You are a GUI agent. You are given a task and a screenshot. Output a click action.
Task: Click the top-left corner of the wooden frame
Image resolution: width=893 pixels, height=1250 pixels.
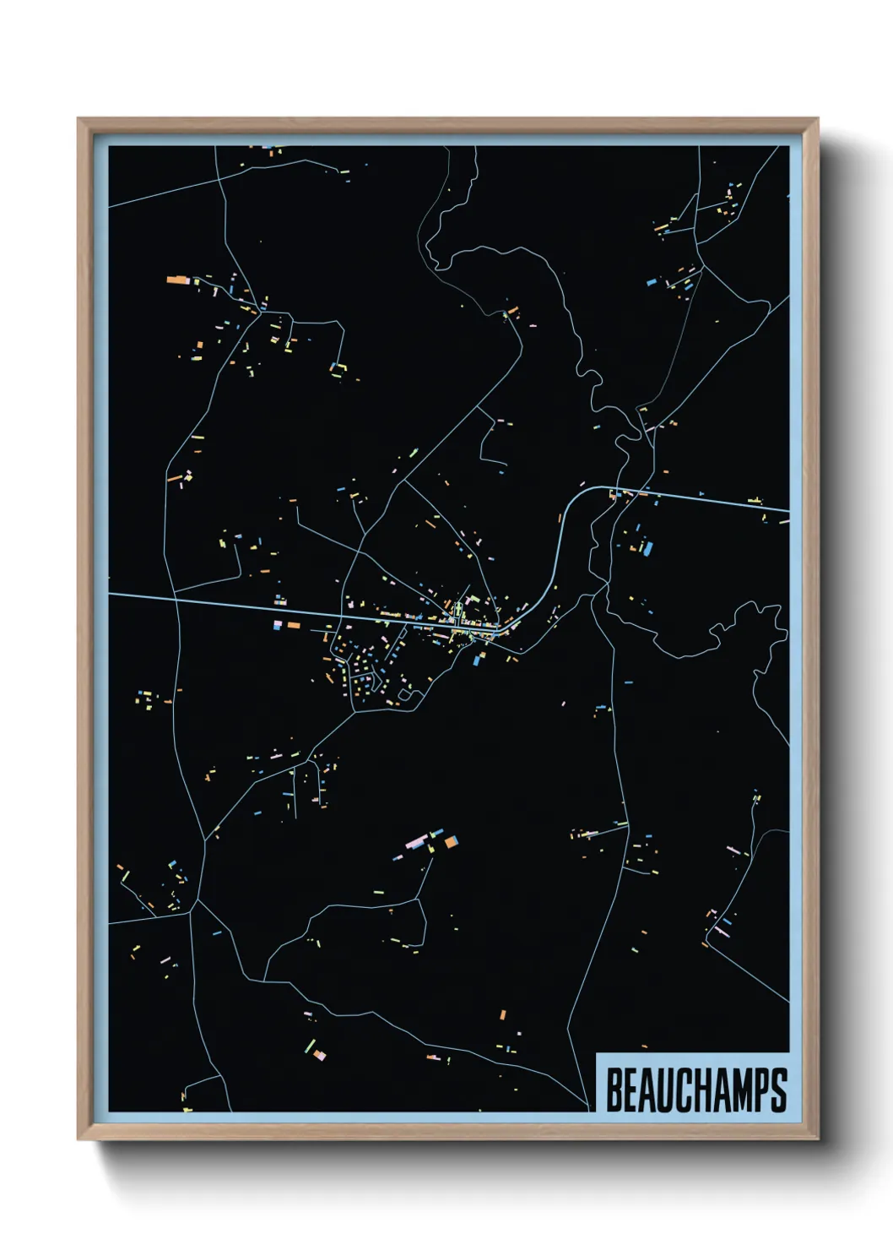pyautogui.click(x=78, y=119)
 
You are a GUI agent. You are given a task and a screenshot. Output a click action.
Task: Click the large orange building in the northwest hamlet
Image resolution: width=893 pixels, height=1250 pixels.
pyautogui.click(x=176, y=279)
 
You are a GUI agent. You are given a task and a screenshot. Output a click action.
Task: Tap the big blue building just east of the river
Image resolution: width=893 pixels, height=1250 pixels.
pyautogui.click(x=647, y=548)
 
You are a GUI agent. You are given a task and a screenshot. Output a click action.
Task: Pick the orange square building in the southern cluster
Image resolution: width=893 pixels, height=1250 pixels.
pyautogui.click(x=452, y=841)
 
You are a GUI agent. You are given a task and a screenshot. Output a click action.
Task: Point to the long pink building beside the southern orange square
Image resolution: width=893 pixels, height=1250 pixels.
pyautogui.click(x=415, y=843)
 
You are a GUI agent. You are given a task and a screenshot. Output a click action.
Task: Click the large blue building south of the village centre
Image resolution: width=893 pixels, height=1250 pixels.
pyautogui.click(x=477, y=660)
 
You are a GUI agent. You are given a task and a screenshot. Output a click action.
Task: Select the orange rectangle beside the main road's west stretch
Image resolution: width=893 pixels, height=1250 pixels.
pyautogui.click(x=294, y=625)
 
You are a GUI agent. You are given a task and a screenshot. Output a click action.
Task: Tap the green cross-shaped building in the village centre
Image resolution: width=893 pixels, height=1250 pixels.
pyautogui.click(x=458, y=611)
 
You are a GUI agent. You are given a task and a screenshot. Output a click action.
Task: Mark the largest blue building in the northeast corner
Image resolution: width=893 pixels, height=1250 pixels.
pyautogui.click(x=652, y=282)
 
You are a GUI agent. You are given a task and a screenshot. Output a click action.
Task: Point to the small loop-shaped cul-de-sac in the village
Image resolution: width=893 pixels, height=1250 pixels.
pyautogui.click(x=405, y=697)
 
